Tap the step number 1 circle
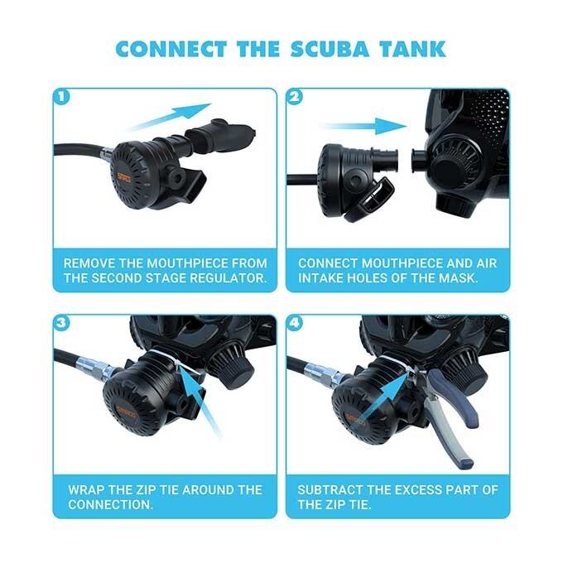[x=60, y=96]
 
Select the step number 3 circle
[x=60, y=322]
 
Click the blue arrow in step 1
[x=169, y=117]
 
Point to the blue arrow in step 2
[x=364, y=127]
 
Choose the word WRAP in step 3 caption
[x=84, y=489]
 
